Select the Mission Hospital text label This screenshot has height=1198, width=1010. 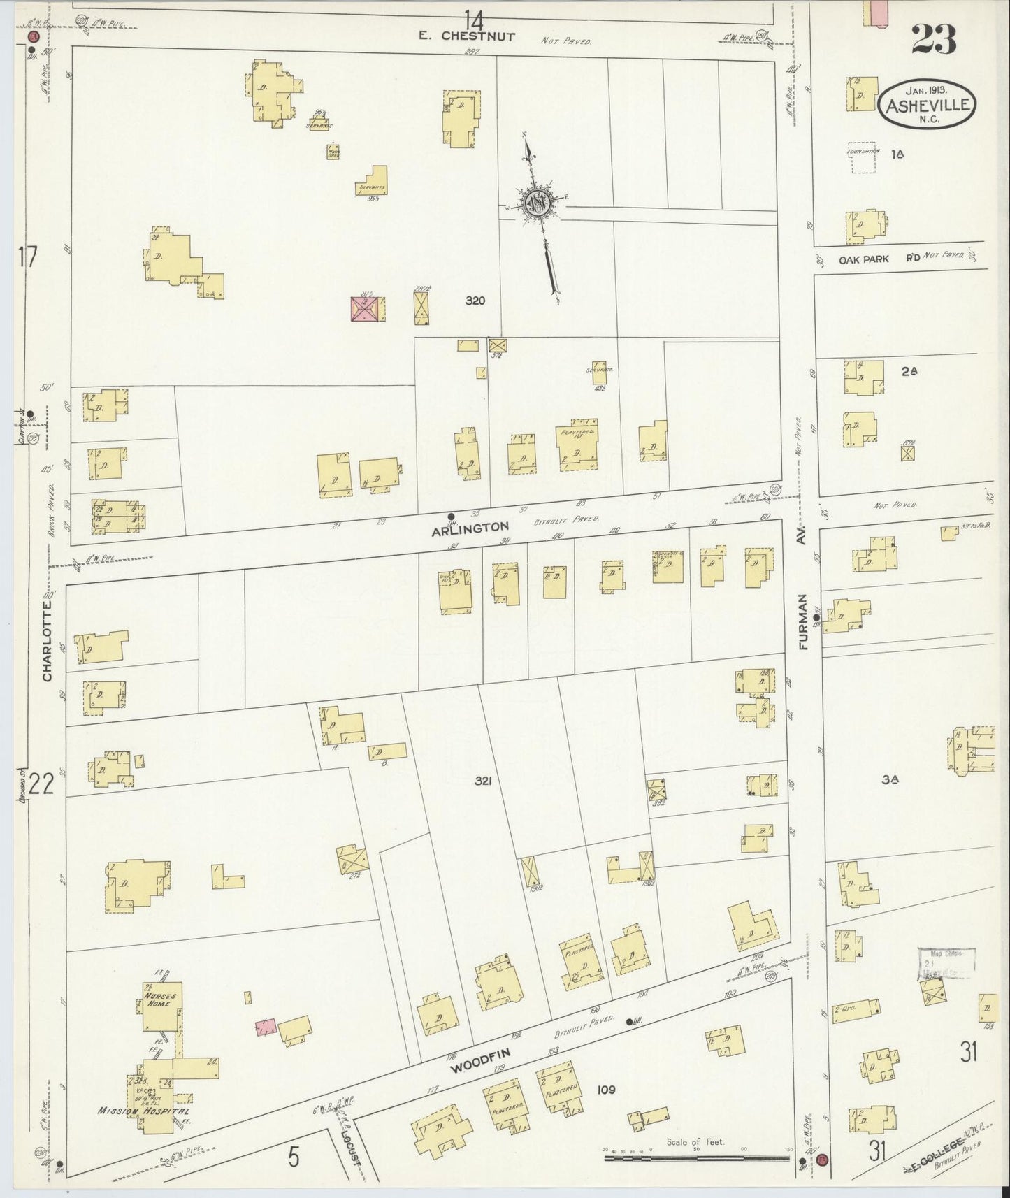(x=143, y=1111)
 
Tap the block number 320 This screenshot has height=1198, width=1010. (x=475, y=301)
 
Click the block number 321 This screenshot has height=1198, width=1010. (x=482, y=781)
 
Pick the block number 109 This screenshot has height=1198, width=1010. (x=606, y=1089)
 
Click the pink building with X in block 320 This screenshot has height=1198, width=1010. (x=366, y=308)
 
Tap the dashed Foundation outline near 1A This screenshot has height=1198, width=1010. (x=861, y=158)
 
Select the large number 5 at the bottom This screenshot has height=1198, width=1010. (x=294, y=1158)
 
